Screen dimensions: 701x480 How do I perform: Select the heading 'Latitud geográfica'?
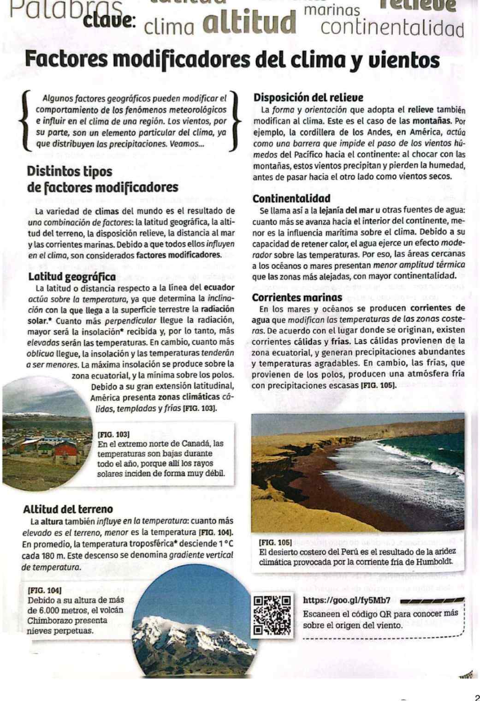(72, 277)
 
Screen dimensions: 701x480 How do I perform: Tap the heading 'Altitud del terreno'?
(68, 509)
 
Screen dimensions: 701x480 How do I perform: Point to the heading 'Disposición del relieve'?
(308, 98)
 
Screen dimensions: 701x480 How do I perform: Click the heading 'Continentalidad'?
(291, 199)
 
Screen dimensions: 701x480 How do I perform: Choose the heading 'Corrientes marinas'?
(297, 298)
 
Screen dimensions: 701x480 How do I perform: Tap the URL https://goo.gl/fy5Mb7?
(347, 600)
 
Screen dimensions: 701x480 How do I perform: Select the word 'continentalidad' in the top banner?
(392, 29)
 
